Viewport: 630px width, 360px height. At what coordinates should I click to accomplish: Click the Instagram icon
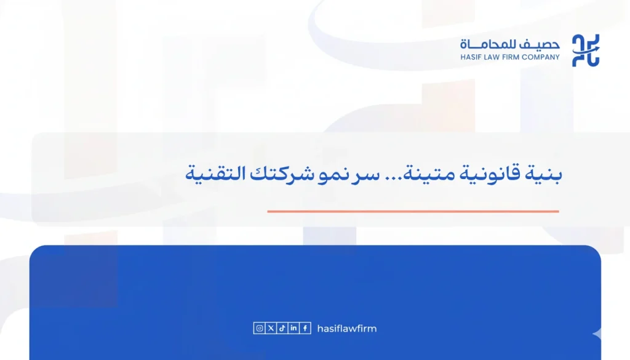pyautogui.click(x=260, y=329)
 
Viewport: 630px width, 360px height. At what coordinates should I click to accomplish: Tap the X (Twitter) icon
pyautogui.click(x=271, y=329)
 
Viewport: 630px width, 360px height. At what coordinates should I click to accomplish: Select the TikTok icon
pyautogui.click(x=282, y=329)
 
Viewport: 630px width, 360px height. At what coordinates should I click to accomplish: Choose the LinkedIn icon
pyautogui.click(x=293, y=329)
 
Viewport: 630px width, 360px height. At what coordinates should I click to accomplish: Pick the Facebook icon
pyautogui.click(x=305, y=329)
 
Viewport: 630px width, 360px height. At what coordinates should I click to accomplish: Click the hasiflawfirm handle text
pyautogui.click(x=346, y=329)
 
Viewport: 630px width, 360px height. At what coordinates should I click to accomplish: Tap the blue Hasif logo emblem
pyautogui.click(x=586, y=50)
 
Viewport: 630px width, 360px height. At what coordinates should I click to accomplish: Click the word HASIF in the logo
pyautogui.click(x=472, y=57)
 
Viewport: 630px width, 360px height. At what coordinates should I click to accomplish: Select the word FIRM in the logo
pyautogui.click(x=516, y=57)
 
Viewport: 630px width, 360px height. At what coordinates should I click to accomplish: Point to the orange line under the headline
pyautogui.click(x=413, y=211)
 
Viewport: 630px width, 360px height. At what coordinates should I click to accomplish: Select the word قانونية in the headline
pyautogui.click(x=494, y=174)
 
